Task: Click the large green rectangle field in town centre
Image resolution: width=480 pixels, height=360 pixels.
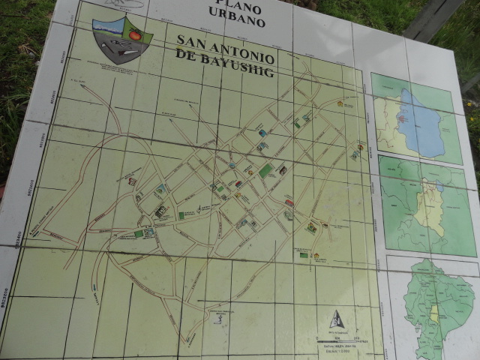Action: click(266, 170)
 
